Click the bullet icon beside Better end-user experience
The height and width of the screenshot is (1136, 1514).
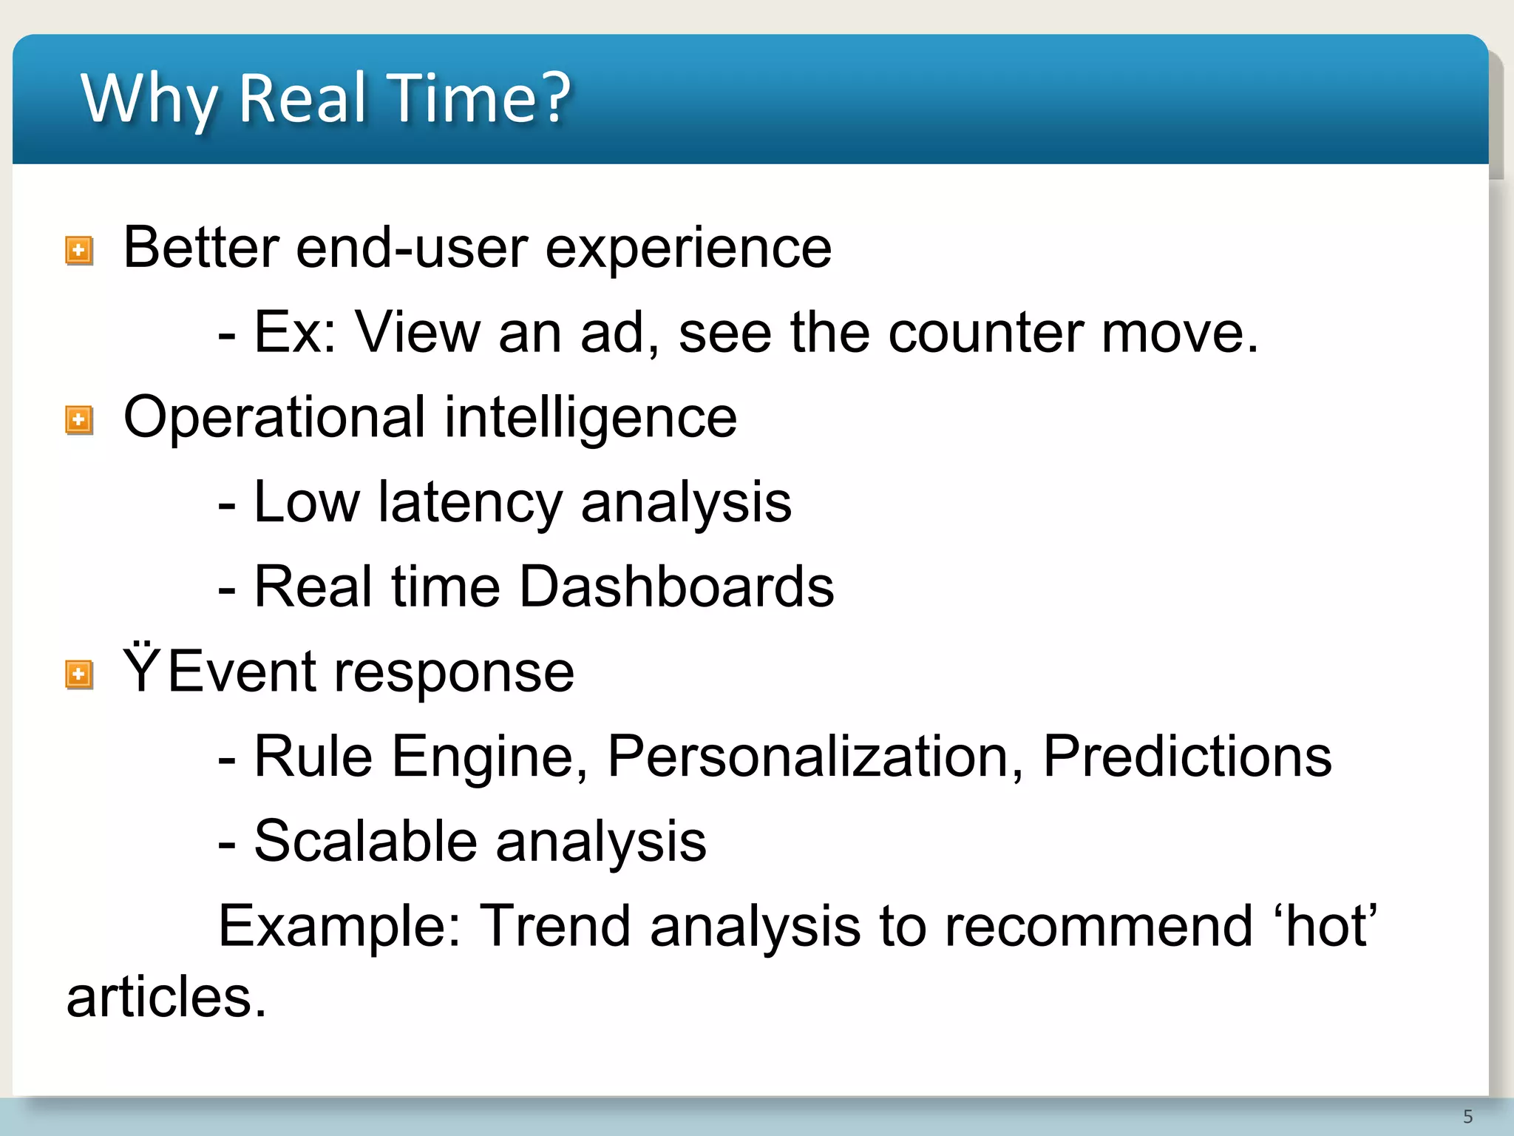coord(79,251)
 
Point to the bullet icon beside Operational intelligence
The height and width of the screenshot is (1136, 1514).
coord(79,420)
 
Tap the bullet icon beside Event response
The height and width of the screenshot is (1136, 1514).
coord(79,674)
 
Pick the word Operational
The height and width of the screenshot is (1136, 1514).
coord(274,419)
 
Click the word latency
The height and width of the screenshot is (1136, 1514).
coord(470,503)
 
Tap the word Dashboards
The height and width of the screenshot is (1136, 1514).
coord(676,587)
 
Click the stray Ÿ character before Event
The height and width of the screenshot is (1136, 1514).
coord(141,670)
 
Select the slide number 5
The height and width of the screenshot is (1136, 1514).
coord(1467,1117)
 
